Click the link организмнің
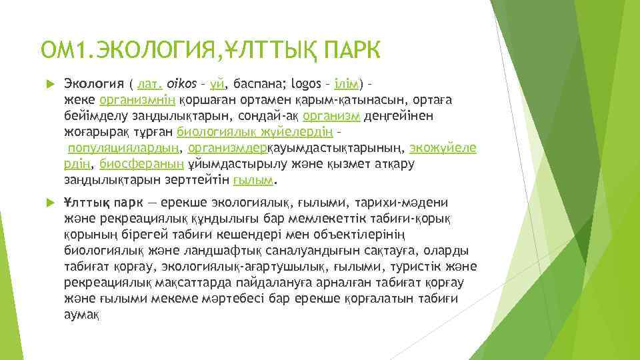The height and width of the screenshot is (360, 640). click(x=137, y=100)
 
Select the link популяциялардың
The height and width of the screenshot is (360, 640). click(x=125, y=148)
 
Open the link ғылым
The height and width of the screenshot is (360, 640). click(x=254, y=180)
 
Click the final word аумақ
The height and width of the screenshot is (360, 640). click(x=81, y=315)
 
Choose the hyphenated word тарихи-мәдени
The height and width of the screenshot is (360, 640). click(x=410, y=203)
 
